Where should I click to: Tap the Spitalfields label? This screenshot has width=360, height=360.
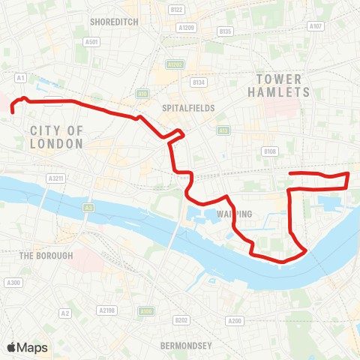pyautogui.click(x=188, y=108)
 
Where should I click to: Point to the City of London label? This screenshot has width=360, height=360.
pyautogui.click(x=57, y=136)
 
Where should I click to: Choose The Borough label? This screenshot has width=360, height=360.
pyautogui.click(x=46, y=256)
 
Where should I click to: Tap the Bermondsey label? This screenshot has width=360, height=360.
pyautogui.click(x=187, y=346)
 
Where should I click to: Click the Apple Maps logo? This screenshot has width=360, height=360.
pyautogui.click(x=27, y=347)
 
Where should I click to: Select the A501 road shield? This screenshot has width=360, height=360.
pyautogui.click(x=92, y=42)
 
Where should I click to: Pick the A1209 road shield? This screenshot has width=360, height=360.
pyautogui.click(x=187, y=28)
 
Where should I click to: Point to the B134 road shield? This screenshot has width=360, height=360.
pyautogui.click(x=198, y=82)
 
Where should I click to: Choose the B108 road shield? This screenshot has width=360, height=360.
pyautogui.click(x=270, y=151)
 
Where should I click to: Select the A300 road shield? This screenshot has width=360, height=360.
pyautogui.click(x=13, y=283)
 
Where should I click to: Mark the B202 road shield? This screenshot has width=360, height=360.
pyautogui.click(x=181, y=320)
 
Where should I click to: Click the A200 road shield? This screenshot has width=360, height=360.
pyautogui.click(x=235, y=321)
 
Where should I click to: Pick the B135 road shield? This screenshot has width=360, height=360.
pyautogui.click(x=225, y=31)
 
